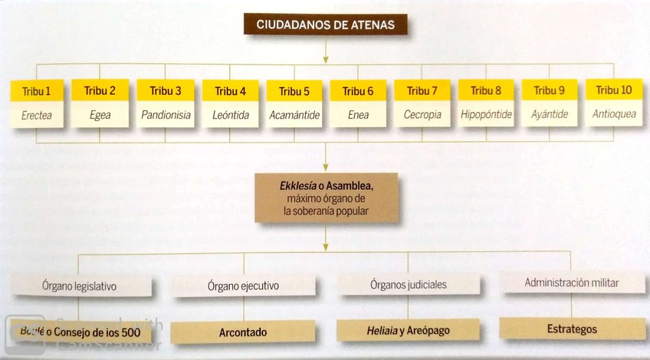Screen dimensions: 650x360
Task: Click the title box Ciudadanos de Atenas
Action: tap(325, 25)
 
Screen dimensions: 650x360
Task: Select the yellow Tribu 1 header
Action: tap(37, 90)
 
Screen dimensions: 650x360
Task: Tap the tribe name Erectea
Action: tap(37, 116)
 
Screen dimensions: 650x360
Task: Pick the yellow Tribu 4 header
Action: tap(231, 91)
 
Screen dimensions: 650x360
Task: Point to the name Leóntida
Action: tap(231, 116)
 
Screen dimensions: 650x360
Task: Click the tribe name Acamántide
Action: tap(295, 116)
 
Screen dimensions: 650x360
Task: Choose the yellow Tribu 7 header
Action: tap(422, 90)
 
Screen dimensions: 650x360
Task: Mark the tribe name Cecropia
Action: tap(422, 115)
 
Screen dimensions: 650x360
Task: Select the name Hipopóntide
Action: tap(486, 115)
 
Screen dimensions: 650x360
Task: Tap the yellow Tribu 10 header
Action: tap(614, 90)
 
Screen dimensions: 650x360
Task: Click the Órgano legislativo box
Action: tap(80, 286)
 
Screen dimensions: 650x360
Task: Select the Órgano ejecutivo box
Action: tap(243, 286)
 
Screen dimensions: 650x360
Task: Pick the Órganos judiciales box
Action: tap(408, 285)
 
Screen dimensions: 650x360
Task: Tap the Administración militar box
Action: tap(572, 282)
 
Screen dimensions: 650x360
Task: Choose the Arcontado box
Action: tap(243, 332)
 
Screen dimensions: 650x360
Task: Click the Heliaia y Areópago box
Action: tap(408, 330)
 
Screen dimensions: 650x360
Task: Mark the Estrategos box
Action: tap(572, 329)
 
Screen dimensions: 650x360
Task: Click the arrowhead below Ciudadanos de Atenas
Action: tap(326, 58)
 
